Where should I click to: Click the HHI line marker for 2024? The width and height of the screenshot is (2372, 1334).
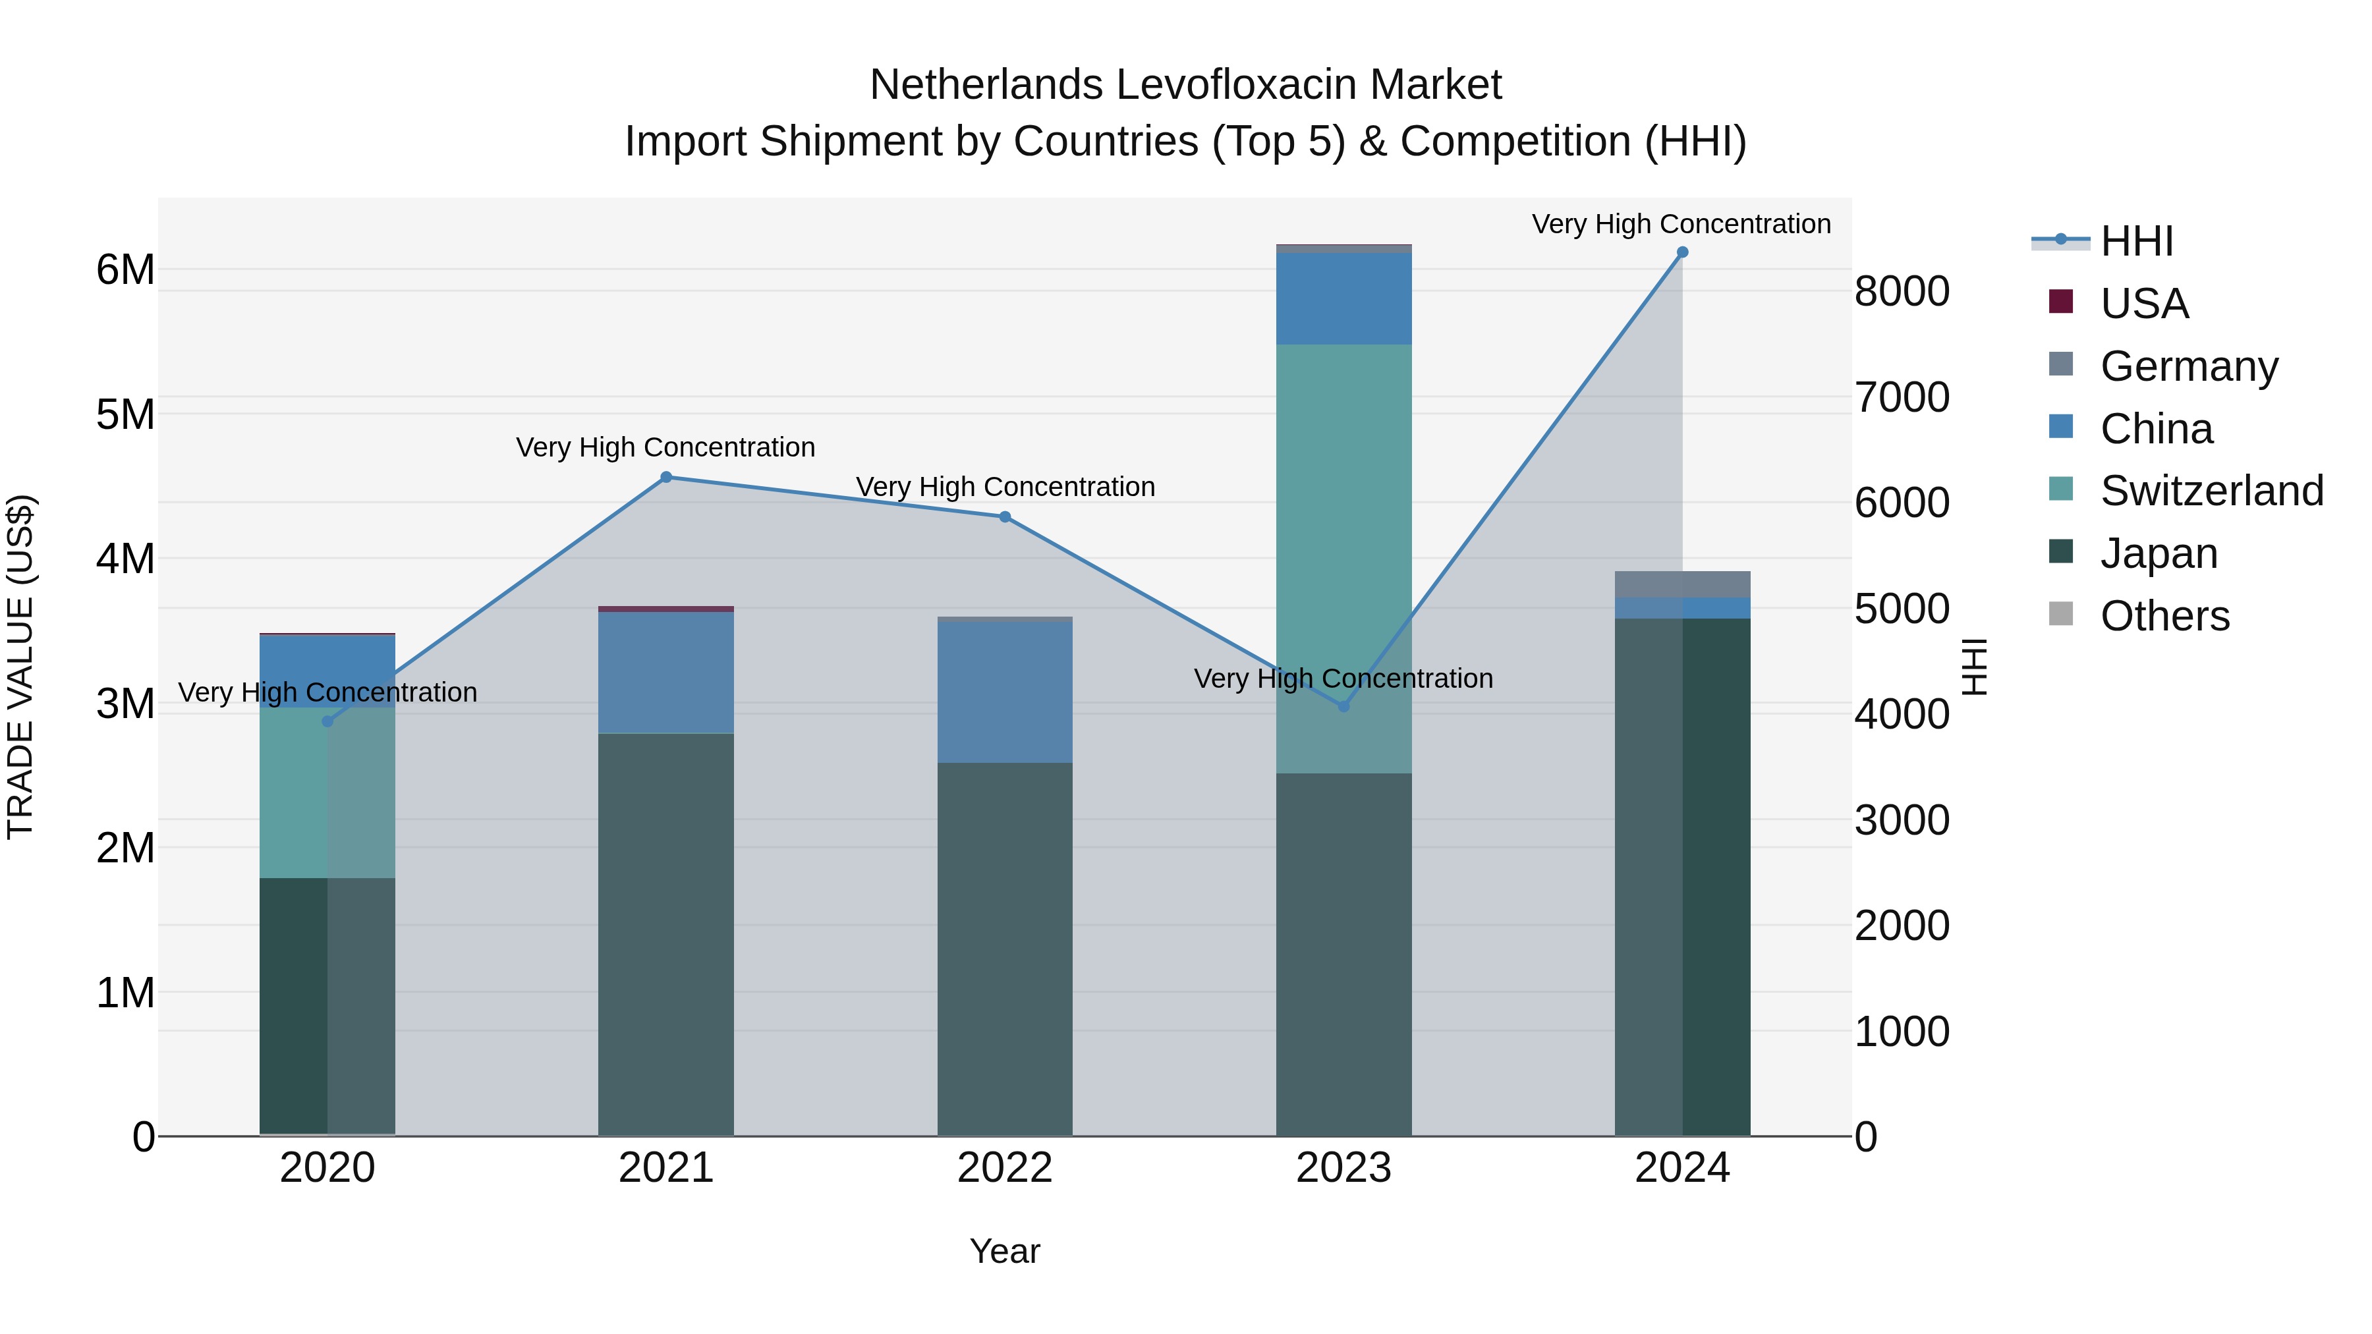coord(1682,252)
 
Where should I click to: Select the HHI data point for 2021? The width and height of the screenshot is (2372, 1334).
coord(665,477)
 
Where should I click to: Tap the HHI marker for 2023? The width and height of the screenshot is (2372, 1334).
coord(1343,706)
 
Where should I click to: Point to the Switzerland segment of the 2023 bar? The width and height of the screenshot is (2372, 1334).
coord(1343,553)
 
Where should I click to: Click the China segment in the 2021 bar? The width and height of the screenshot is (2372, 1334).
coord(665,672)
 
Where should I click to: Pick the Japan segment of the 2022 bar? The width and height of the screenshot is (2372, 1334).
coord(1005,948)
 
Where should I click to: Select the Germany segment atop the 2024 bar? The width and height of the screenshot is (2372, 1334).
coord(1682,584)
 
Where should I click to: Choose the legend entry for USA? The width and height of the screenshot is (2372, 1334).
coord(2143,304)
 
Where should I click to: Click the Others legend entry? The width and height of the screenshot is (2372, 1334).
coord(2164,616)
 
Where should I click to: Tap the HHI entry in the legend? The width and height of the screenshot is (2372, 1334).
coord(2136,241)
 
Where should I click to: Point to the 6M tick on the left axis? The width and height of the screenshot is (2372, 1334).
coord(125,269)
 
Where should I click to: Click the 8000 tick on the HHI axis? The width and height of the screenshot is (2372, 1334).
coord(1902,291)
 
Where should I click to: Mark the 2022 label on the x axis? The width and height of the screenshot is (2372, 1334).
coord(1005,1168)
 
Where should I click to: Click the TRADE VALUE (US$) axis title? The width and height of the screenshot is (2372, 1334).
coord(20,667)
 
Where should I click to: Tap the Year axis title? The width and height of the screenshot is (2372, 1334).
coord(1005,1251)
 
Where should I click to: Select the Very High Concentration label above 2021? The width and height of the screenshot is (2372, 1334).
coord(665,447)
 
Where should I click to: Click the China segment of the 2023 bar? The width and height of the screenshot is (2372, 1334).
coord(1343,298)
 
